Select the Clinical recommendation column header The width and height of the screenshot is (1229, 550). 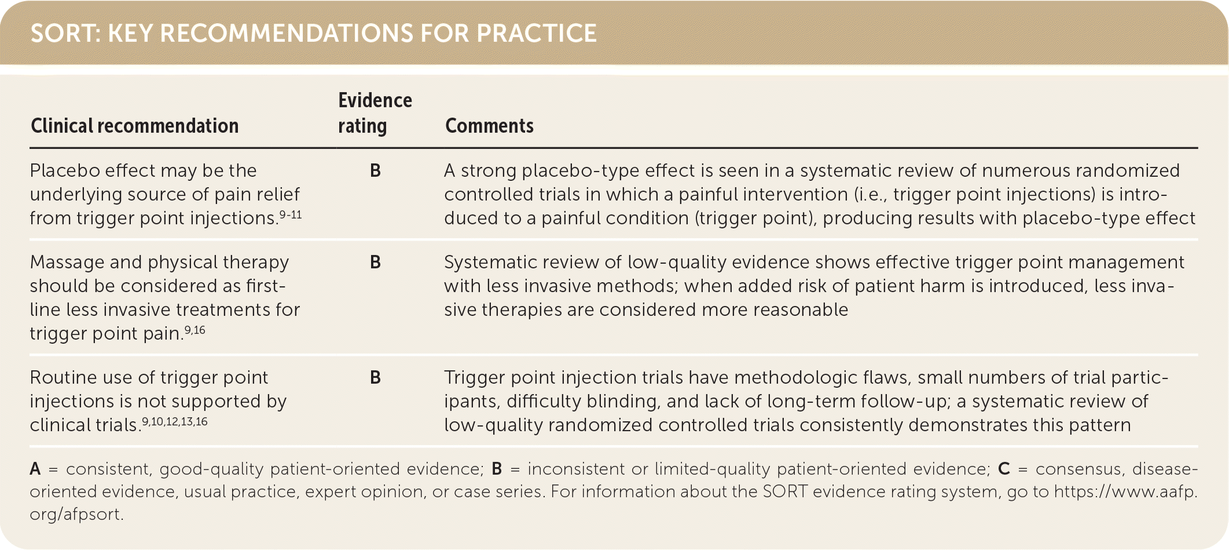point(134,126)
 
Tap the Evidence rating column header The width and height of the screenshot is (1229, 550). point(375,112)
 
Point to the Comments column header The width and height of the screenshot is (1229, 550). point(489,126)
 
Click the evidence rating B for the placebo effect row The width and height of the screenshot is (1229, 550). point(375,170)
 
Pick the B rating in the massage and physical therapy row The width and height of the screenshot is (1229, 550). point(375,262)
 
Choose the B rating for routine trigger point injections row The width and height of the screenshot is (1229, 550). point(375,377)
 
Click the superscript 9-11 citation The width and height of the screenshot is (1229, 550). point(291,214)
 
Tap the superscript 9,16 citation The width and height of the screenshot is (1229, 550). point(195,330)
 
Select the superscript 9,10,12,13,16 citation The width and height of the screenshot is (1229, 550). point(175,421)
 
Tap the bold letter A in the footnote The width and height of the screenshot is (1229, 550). point(35,468)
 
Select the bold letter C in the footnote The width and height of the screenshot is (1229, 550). point(1004,468)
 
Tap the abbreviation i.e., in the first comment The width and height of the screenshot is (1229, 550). point(871,194)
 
